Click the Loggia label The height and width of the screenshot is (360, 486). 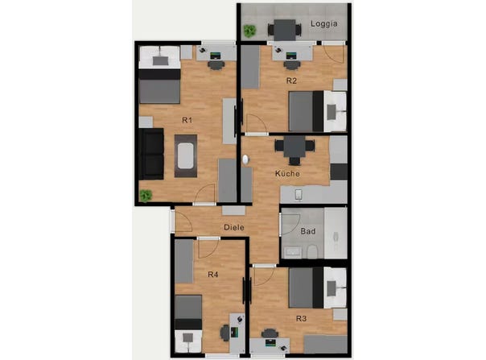click(x=324, y=24)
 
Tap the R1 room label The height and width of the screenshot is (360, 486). click(x=187, y=120)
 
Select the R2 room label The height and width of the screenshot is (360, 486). click(x=291, y=81)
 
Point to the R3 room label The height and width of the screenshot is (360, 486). click(x=301, y=318)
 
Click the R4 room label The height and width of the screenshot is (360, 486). click(x=213, y=275)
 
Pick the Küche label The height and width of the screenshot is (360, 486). click(x=287, y=173)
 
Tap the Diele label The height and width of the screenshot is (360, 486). click(x=234, y=227)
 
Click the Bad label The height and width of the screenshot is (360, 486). click(x=308, y=231)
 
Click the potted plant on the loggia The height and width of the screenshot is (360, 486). click(x=249, y=31)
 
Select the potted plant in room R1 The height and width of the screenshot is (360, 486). click(x=146, y=196)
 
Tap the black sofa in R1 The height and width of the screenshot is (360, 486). click(x=151, y=154)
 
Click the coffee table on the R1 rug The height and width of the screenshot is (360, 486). click(x=185, y=155)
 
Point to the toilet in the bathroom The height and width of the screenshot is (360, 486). click(x=311, y=251)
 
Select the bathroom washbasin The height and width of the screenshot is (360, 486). click(x=292, y=252)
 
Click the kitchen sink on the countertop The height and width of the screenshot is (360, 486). click(x=299, y=195)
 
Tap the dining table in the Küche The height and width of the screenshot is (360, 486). click(x=294, y=147)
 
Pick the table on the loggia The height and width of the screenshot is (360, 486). click(x=285, y=30)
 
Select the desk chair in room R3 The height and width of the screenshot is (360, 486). click(x=270, y=333)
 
